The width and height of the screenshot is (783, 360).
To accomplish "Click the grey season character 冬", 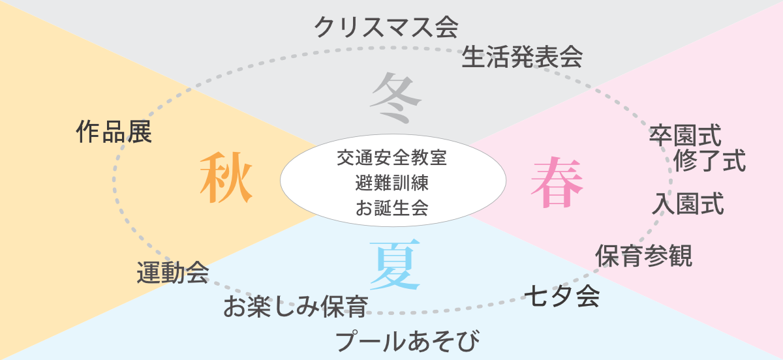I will pyautogui.click(x=395, y=97).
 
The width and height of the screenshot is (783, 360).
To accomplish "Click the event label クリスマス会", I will pyautogui.click(x=386, y=28).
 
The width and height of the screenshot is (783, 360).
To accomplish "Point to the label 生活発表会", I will pyautogui.click(x=522, y=58).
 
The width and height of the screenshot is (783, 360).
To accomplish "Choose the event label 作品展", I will pyautogui.click(x=114, y=132).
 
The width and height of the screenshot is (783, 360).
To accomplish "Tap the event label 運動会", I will pyautogui.click(x=173, y=272).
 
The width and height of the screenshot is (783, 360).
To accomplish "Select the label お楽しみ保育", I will pyautogui.click(x=296, y=307).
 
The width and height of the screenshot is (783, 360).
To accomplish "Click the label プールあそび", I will pyautogui.click(x=408, y=341).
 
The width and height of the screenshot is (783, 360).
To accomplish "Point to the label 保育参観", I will pyautogui.click(x=643, y=256).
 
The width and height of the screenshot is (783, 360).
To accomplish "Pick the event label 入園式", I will pyautogui.click(x=688, y=204).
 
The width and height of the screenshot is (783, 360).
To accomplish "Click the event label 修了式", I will pyautogui.click(x=710, y=160).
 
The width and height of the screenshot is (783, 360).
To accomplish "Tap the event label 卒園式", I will pyautogui.click(x=685, y=136).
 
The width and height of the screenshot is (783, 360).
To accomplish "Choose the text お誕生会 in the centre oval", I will pyautogui.click(x=392, y=208).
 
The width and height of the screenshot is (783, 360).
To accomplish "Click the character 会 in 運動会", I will pyautogui.click(x=197, y=272).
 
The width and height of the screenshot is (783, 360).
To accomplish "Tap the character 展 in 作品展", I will pyautogui.click(x=140, y=132).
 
